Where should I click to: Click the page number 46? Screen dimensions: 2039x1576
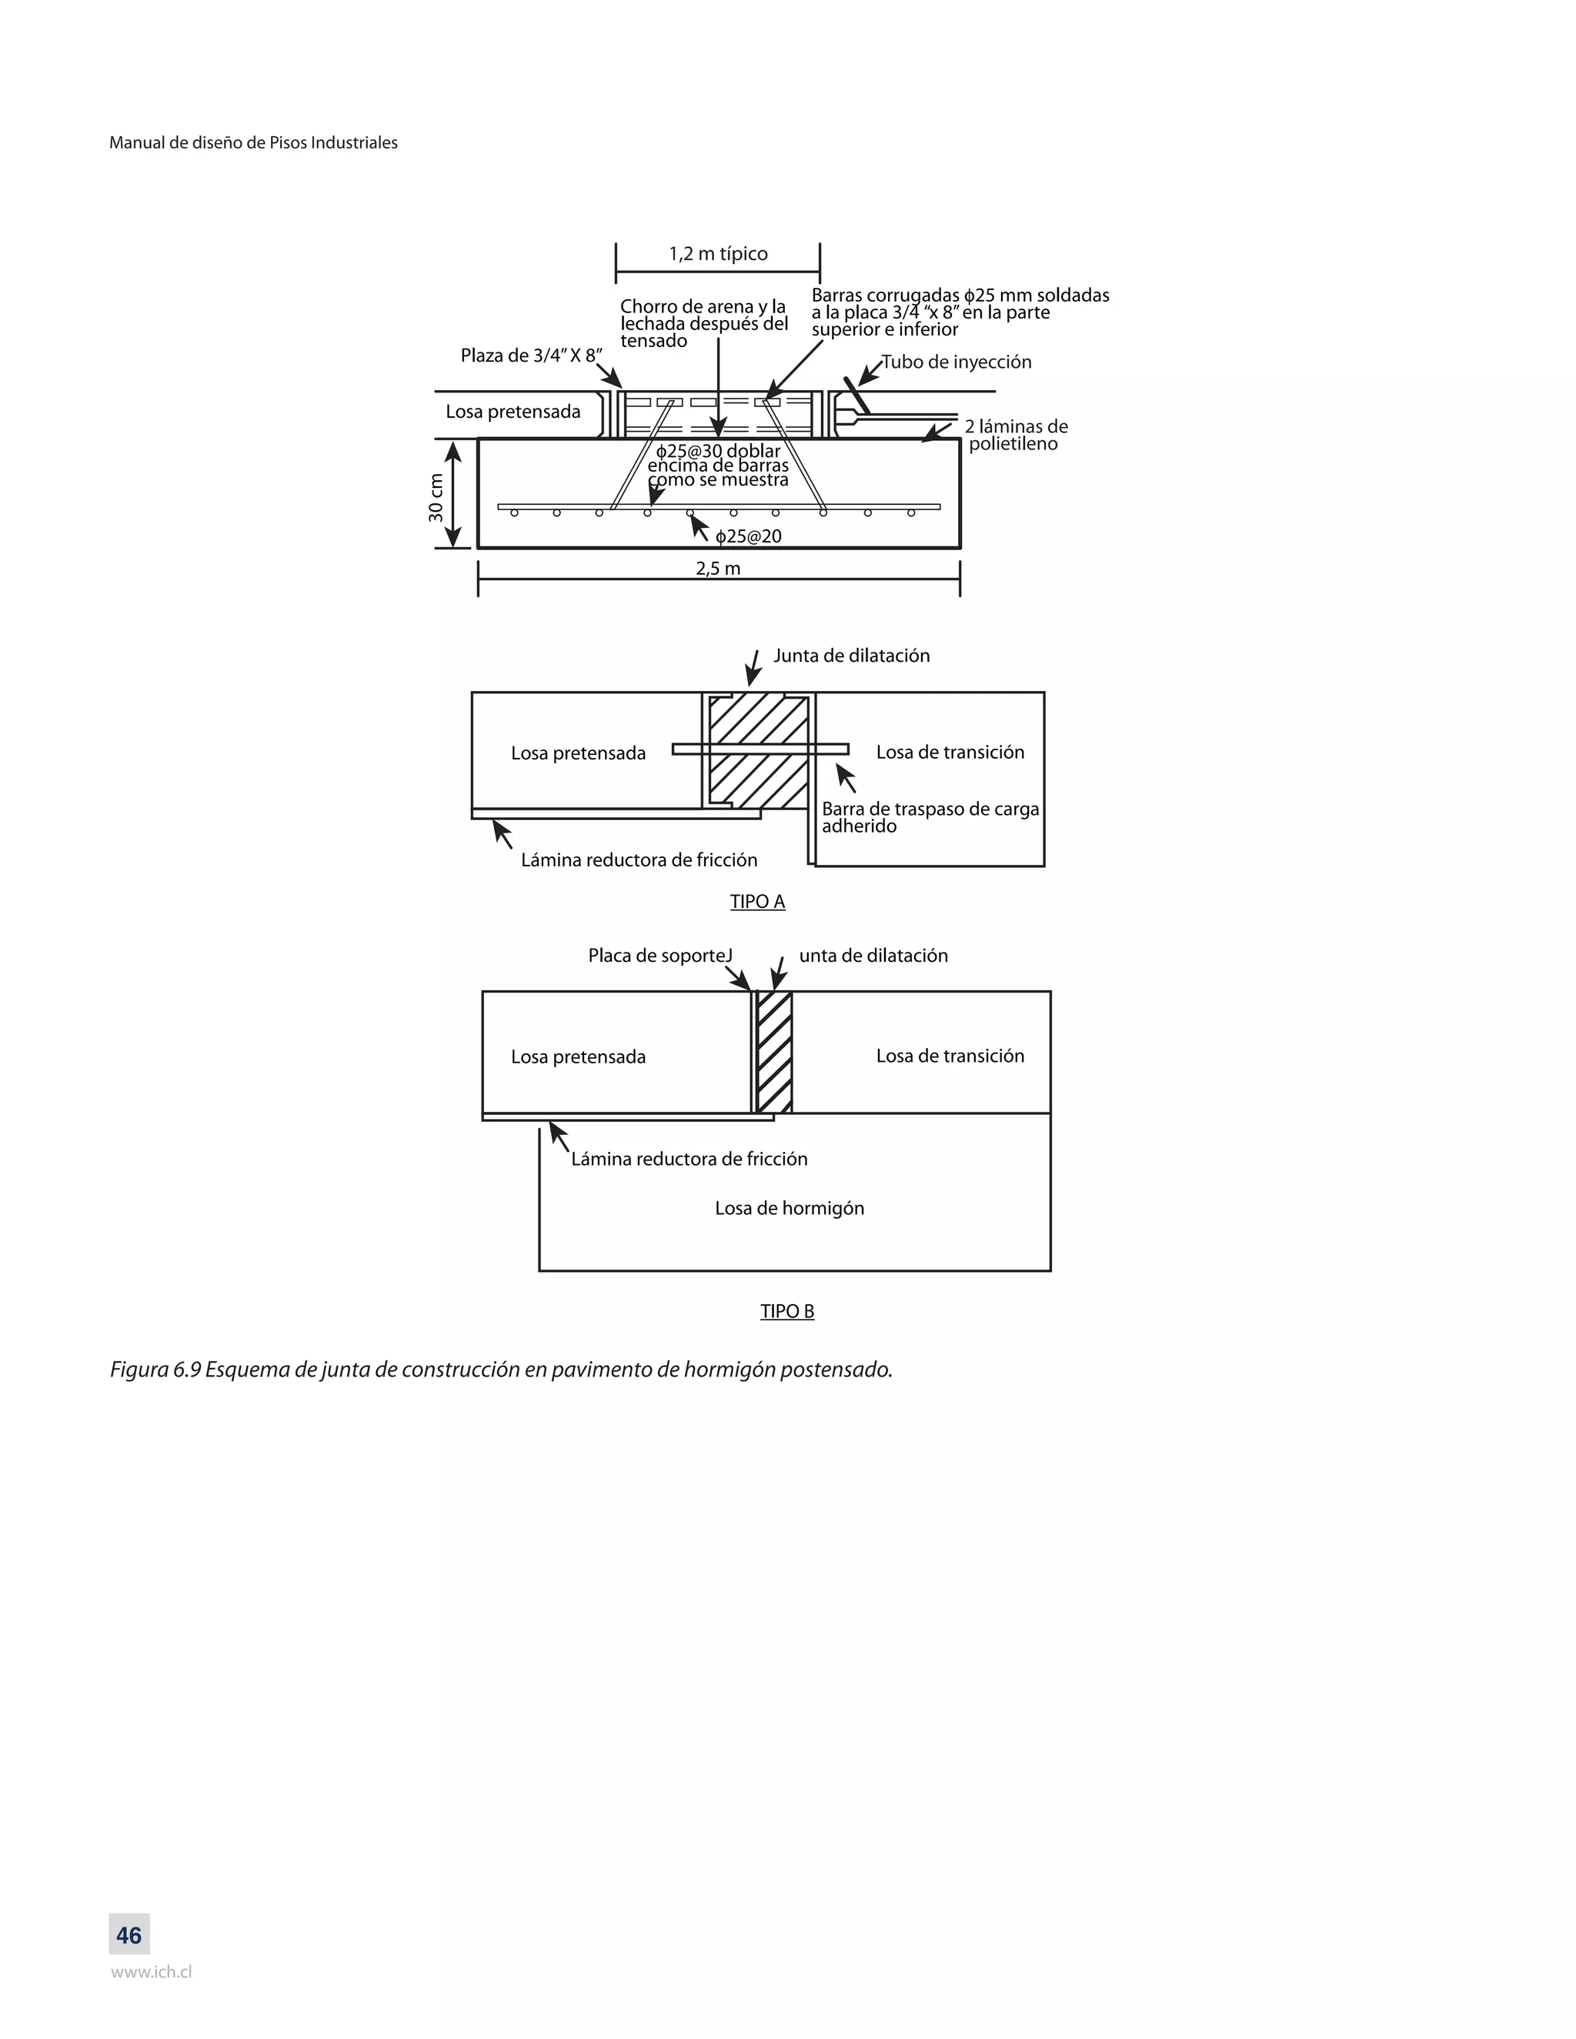click(x=129, y=1935)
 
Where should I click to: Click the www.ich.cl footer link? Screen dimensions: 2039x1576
click(x=152, y=1972)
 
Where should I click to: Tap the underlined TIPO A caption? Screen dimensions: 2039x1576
click(x=757, y=902)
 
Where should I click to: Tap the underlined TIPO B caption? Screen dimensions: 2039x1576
click(x=787, y=1312)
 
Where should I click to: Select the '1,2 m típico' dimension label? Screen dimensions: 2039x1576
click(x=718, y=254)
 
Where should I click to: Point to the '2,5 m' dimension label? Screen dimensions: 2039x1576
click(x=718, y=569)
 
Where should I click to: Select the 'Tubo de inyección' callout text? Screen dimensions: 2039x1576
click(x=957, y=362)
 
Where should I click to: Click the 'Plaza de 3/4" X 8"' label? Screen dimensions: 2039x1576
click(x=531, y=355)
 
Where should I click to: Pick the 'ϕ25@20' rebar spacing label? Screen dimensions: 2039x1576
click(x=749, y=537)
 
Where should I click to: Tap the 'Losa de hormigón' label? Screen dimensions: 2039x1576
click(x=790, y=1208)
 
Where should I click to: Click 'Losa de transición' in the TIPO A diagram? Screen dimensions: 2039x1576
click(x=950, y=753)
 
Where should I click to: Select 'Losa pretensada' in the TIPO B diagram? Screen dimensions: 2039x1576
click(x=578, y=1057)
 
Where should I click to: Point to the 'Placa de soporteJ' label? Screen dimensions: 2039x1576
click(x=660, y=956)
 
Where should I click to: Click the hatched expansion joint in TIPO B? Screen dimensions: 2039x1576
click(x=774, y=1052)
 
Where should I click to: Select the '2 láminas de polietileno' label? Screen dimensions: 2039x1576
click(x=1016, y=435)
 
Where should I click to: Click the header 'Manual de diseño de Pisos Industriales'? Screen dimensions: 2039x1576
click(x=253, y=143)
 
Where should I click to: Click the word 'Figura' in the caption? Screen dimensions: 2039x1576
click(x=139, y=1370)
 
